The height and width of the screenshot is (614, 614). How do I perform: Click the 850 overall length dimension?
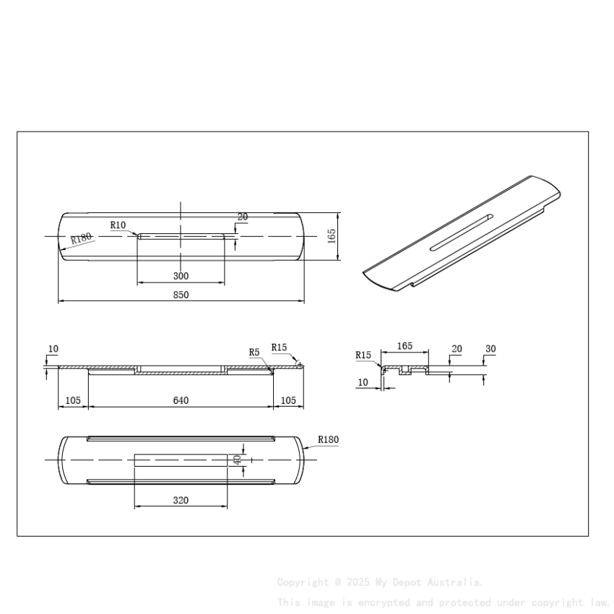[x=181, y=295]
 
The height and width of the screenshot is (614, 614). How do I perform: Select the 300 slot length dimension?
[x=181, y=276]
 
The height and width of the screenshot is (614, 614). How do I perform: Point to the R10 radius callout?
[x=118, y=225]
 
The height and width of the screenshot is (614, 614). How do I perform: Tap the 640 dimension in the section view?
[x=181, y=400]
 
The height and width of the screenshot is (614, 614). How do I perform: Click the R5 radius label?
[x=254, y=353]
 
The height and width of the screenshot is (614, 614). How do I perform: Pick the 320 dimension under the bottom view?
[x=181, y=500]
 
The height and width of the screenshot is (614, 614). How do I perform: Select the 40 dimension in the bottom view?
[x=235, y=459]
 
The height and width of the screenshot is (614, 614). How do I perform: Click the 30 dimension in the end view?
[x=490, y=349]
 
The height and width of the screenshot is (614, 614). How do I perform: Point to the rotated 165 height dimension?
[x=332, y=235]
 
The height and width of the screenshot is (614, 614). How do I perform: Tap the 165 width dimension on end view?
[x=405, y=346]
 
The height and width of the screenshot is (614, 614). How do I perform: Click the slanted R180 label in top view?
[x=82, y=238]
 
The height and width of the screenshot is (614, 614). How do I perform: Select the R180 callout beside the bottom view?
[x=328, y=439]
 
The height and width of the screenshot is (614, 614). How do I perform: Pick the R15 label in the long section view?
[x=280, y=347]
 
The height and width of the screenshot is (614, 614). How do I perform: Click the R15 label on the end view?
[x=363, y=355]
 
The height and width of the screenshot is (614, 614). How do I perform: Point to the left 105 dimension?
[x=73, y=400]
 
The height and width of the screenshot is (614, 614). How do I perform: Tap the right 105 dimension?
[x=288, y=400]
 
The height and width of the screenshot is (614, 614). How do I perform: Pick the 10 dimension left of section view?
[x=53, y=349]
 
